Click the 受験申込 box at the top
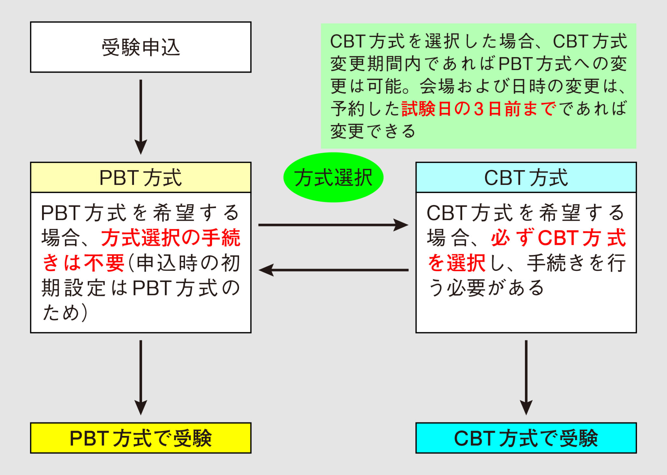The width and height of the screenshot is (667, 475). click(x=141, y=47)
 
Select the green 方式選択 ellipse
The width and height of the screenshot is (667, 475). click(x=333, y=177)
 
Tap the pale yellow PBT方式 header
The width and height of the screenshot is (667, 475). click(x=141, y=178)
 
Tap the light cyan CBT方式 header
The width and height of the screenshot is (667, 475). click(x=526, y=178)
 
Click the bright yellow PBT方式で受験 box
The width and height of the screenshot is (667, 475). click(x=141, y=438)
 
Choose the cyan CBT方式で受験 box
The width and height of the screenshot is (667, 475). click(x=526, y=438)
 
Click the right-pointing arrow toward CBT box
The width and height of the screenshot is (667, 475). click(x=332, y=225)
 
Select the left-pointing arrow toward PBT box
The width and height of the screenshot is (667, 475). click(x=332, y=270)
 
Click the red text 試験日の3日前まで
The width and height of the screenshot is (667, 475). click(x=479, y=109)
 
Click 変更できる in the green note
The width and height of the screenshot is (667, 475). click(x=373, y=131)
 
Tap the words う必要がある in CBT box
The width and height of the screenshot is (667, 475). click(x=486, y=288)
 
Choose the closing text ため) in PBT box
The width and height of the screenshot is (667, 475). click(x=65, y=312)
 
